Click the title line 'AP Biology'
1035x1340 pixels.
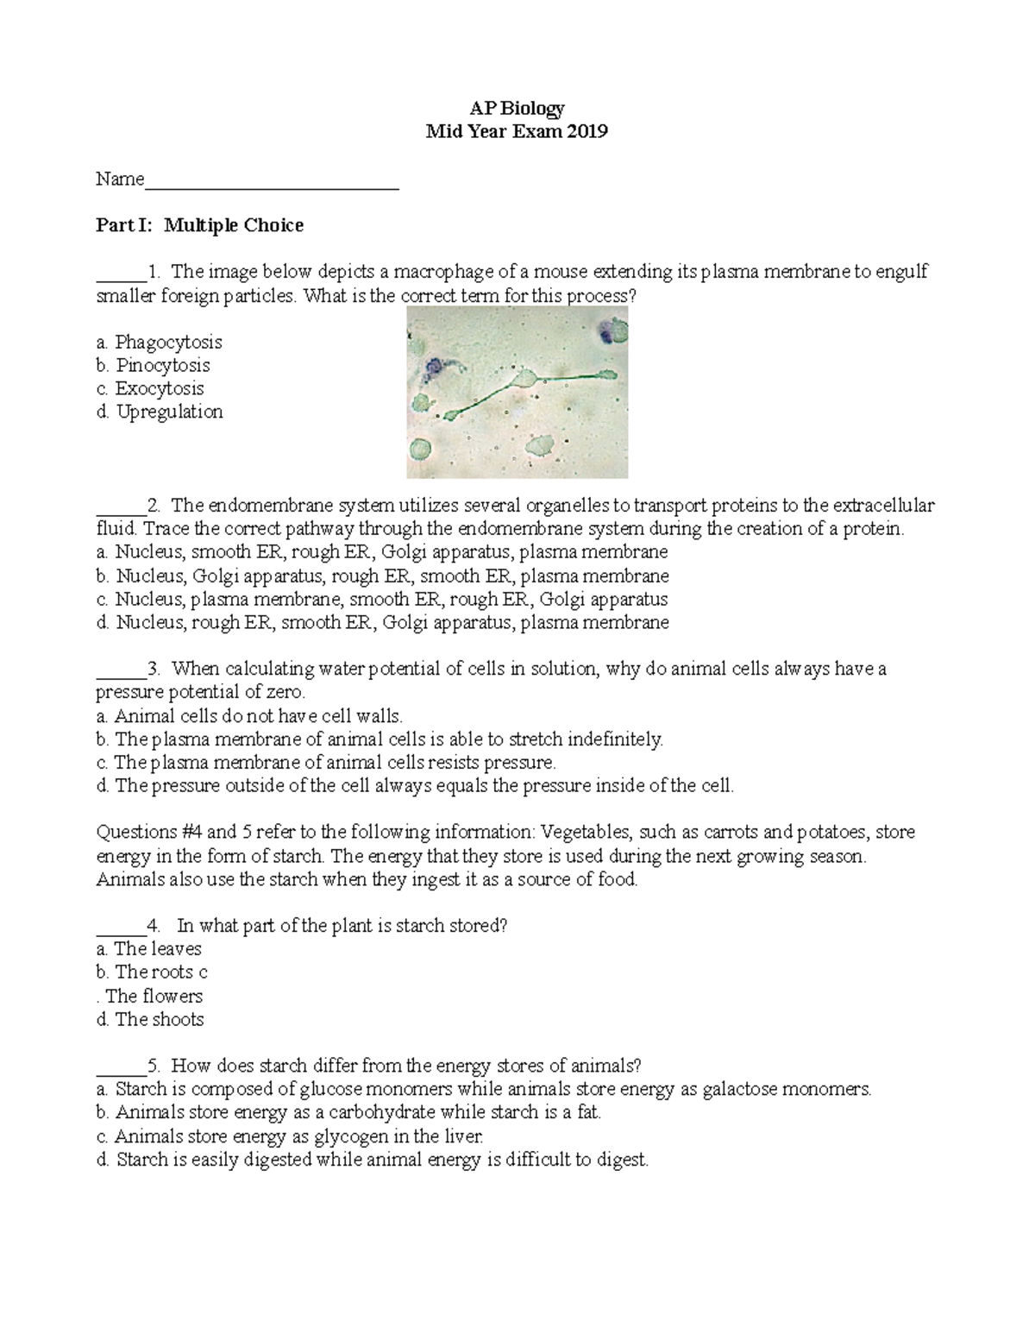coord(517,108)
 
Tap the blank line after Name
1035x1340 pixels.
coord(272,181)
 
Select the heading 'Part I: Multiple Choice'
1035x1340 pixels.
coord(199,225)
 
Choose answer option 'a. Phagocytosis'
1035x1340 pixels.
coord(160,342)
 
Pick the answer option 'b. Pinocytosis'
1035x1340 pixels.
coord(154,365)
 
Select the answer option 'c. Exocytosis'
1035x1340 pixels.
coord(150,388)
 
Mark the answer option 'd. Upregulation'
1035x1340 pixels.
coord(160,412)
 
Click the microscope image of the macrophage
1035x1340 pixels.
coord(517,393)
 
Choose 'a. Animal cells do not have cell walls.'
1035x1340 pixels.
coord(249,715)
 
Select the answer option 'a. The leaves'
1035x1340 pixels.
coord(148,948)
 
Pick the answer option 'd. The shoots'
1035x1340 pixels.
coord(150,1019)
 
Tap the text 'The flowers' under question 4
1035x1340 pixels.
coord(154,996)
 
